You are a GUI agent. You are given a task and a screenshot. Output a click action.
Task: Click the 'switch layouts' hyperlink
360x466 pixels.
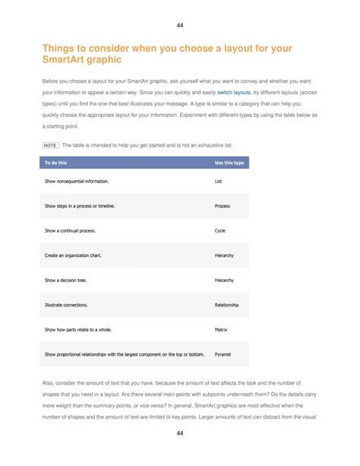pyautogui.click(x=234, y=92)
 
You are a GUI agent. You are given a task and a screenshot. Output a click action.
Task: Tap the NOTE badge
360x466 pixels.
pyautogui.click(x=50, y=144)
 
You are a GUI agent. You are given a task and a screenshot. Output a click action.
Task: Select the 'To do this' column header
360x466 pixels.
pyautogui.click(x=55, y=163)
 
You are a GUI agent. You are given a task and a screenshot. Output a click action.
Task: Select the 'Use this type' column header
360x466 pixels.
pyautogui.click(x=229, y=163)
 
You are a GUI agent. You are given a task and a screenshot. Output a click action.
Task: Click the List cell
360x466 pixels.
pyautogui.click(x=219, y=182)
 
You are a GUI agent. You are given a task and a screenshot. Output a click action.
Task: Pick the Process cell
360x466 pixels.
pyautogui.click(x=223, y=206)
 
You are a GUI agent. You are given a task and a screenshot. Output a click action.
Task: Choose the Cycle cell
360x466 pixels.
pyautogui.click(x=220, y=230)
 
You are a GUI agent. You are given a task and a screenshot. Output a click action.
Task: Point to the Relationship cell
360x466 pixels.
pyautogui.click(x=227, y=305)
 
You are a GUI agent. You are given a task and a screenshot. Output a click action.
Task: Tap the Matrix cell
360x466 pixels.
pyautogui.click(x=222, y=329)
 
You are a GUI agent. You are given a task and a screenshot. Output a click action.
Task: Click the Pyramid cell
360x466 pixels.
pyautogui.click(x=223, y=354)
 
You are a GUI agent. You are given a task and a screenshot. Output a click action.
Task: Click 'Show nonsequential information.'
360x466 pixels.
pyautogui.click(x=77, y=182)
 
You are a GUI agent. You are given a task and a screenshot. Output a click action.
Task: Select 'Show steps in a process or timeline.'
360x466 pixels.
pyautogui.click(x=80, y=206)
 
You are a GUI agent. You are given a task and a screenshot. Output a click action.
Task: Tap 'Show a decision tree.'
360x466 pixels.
pyautogui.click(x=65, y=280)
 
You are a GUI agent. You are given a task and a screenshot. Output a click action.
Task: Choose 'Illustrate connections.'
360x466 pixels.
pyautogui.click(x=66, y=305)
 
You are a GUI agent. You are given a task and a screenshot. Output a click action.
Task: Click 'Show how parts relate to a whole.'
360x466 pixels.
pyautogui.click(x=77, y=329)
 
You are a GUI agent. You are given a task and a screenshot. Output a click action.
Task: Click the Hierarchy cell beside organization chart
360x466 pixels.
pyautogui.click(x=224, y=255)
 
